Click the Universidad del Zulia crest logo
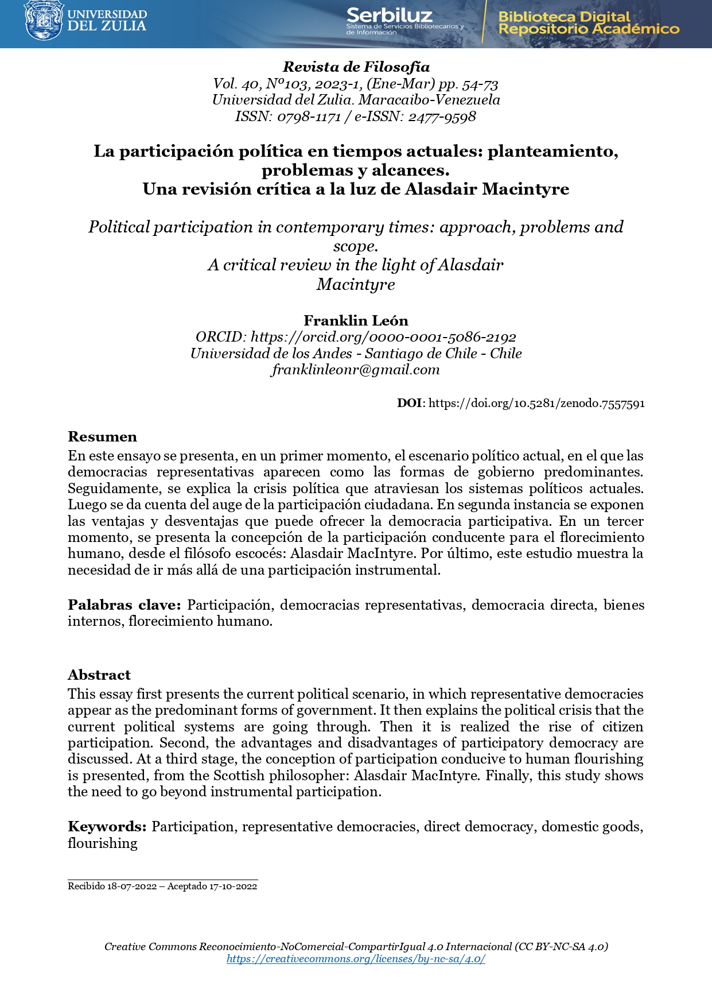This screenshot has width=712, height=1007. (x=44, y=21)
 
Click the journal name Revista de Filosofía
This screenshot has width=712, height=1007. (x=356, y=67)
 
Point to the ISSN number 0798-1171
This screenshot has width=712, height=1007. (x=309, y=117)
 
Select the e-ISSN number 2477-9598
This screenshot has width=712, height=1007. (x=442, y=117)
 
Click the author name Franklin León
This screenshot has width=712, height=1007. (x=356, y=320)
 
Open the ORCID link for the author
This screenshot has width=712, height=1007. (x=383, y=337)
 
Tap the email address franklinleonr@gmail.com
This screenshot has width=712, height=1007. (x=356, y=369)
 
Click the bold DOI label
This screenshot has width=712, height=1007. (x=409, y=403)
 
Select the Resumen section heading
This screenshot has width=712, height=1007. (x=102, y=437)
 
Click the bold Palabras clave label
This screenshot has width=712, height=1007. (x=124, y=605)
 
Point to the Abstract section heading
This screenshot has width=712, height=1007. (x=99, y=675)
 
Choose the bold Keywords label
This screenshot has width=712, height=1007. (x=107, y=827)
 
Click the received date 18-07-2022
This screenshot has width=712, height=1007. (x=132, y=886)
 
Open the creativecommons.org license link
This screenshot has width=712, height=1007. (x=356, y=959)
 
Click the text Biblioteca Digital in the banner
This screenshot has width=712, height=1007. (x=564, y=17)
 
